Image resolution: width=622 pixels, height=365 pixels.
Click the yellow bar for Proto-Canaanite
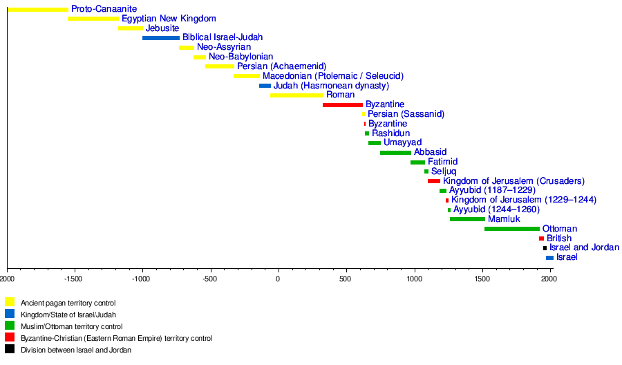[38, 9]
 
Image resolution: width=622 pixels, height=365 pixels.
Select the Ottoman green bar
[511, 229]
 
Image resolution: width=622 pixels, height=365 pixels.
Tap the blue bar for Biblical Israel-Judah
[160, 38]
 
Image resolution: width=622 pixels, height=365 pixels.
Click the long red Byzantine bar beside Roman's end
[342, 105]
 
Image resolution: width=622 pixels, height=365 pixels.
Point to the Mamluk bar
[467, 219]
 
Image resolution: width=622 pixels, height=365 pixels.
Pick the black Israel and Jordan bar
[545, 248]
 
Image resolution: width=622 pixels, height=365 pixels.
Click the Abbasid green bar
[395, 153]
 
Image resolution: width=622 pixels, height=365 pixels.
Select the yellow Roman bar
[296, 95]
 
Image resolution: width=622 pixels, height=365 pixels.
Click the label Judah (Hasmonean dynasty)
[331, 86]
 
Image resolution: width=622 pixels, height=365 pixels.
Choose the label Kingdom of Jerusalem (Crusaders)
[513, 181]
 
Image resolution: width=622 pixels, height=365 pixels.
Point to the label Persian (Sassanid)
[406, 114]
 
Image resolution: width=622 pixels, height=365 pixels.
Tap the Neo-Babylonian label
[241, 57]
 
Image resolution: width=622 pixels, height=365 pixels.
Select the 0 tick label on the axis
[278, 279]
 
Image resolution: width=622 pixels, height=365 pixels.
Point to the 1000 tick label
[413, 279]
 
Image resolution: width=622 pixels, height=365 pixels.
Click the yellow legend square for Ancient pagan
[10, 302]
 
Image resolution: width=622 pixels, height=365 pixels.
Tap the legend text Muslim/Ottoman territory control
[71, 326]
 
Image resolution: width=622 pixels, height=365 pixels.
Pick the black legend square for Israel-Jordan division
[10, 349]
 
